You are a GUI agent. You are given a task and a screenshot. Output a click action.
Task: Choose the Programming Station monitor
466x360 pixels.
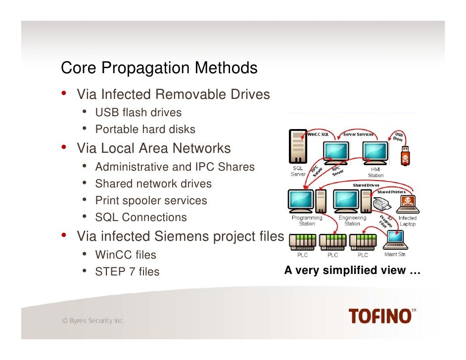(301, 200)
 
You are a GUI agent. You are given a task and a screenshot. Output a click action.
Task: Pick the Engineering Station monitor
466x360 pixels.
(346, 200)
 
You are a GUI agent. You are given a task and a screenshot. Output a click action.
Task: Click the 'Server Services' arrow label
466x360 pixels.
(359, 134)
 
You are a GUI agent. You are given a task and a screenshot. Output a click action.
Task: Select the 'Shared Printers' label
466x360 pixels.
(391, 191)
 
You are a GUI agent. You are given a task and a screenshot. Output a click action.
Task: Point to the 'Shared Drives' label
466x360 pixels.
(366, 185)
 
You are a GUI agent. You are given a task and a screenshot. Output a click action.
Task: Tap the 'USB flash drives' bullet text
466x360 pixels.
(138, 113)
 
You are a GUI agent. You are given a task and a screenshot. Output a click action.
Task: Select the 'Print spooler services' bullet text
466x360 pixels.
(151, 201)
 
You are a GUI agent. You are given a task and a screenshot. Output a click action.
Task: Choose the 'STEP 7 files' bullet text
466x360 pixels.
(127, 271)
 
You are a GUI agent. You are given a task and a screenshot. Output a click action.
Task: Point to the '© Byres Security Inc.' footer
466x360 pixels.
(93, 321)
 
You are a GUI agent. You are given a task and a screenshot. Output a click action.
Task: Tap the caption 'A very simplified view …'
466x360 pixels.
(352, 270)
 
